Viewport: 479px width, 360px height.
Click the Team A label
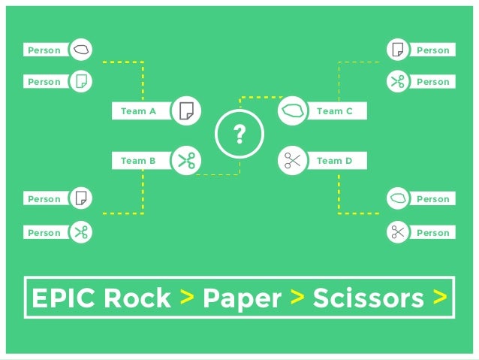coord(138,111)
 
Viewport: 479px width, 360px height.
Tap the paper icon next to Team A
coord(185,111)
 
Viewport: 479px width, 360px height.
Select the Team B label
coord(138,160)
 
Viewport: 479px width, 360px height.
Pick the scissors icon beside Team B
coord(185,160)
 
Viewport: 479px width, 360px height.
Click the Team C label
coord(335,111)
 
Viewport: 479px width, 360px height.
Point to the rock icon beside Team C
coord(292,111)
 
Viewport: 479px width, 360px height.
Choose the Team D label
coord(335,160)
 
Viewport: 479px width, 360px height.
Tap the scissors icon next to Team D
coord(292,160)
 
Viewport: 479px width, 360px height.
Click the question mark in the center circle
coord(239,135)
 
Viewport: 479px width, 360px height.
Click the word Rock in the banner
coord(137,298)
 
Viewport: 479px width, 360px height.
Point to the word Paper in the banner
coord(242,298)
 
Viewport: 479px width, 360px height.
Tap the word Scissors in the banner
coord(368,298)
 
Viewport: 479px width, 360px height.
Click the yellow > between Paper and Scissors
coord(297,298)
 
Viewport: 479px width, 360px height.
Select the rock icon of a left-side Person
coord(81,50)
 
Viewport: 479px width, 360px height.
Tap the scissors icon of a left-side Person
coord(81,232)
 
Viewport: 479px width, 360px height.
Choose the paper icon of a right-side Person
coord(398,50)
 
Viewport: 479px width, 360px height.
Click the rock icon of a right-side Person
coord(398,199)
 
